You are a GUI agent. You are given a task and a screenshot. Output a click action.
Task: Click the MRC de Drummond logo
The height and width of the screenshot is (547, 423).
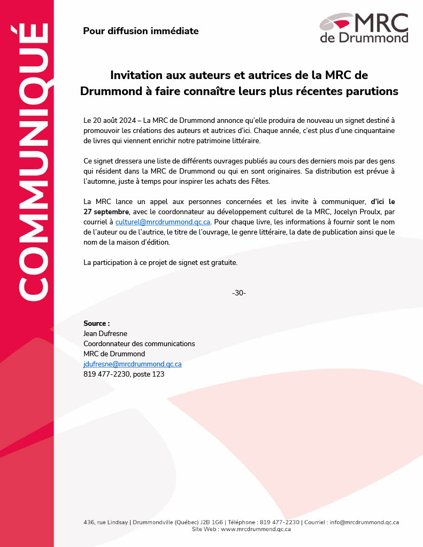(x=364, y=28)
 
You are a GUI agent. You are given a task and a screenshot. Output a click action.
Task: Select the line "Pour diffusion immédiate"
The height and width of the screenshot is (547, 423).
(x=141, y=31)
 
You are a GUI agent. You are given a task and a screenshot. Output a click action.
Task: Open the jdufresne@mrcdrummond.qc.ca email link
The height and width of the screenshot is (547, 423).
(x=133, y=364)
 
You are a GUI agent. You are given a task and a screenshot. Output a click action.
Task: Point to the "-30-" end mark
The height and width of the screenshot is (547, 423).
(x=239, y=293)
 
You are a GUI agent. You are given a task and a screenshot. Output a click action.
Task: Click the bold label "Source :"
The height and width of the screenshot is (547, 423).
(x=97, y=324)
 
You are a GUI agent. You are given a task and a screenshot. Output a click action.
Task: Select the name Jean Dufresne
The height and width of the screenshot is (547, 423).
(x=105, y=334)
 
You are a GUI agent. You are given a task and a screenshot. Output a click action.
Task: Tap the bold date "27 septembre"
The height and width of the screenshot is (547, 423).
(x=104, y=212)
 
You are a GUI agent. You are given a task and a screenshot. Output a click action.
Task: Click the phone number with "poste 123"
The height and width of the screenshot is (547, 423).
(x=124, y=374)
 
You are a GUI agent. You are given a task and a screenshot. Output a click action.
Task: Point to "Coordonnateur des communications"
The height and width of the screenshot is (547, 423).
(x=139, y=344)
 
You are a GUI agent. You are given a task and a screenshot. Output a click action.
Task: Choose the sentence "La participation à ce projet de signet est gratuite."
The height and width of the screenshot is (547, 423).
(x=160, y=262)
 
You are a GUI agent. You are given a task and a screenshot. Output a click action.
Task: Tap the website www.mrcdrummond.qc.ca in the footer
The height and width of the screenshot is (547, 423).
(x=256, y=529)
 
